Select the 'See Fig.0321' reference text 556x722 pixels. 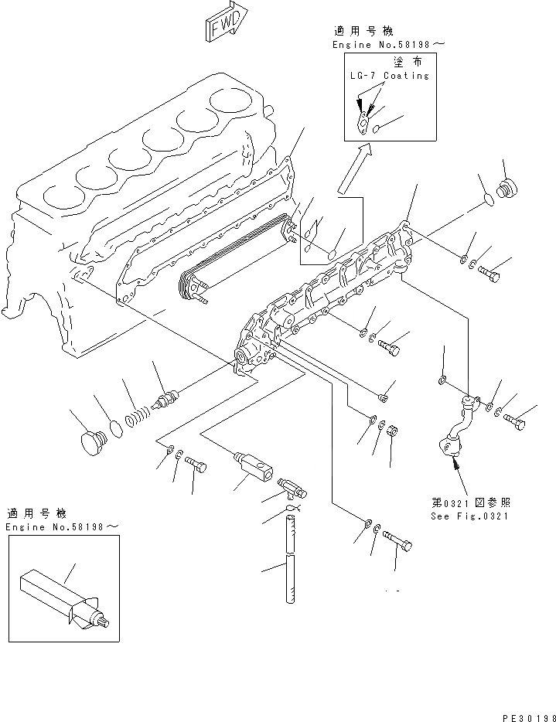tap(470, 516)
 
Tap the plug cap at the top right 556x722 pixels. tap(508, 189)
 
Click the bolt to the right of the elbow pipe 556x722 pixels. tap(514, 421)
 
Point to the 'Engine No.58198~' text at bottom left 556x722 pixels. tap(63, 526)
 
